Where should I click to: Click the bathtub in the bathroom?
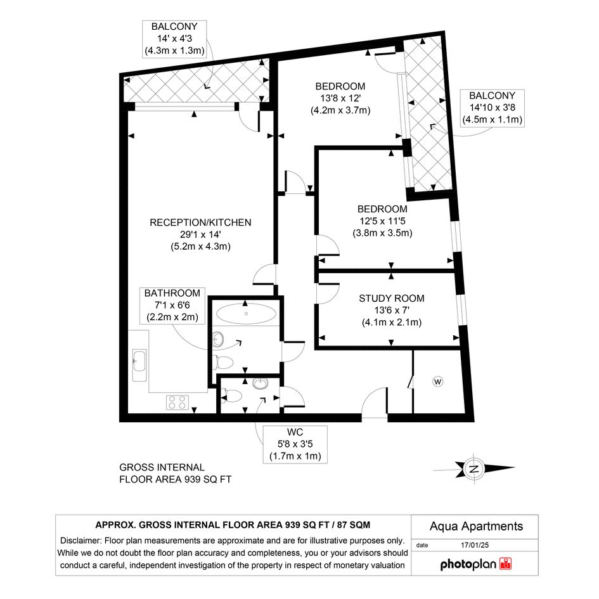tap(246, 314)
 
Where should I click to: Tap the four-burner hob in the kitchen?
tap(177, 403)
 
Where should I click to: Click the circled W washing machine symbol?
tap(438, 381)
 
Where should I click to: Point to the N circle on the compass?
tap(473, 468)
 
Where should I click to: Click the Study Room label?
tap(392, 299)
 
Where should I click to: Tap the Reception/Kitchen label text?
tap(200, 222)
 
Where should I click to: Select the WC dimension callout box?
tap(295, 444)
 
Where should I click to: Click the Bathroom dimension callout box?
tap(172, 306)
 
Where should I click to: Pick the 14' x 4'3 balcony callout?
tap(174, 39)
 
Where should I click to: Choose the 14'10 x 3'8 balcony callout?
tap(492, 108)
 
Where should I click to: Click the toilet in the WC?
tap(231, 396)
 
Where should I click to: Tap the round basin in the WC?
tap(261, 383)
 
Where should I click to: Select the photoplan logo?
tap(475, 564)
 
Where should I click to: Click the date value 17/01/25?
tap(475, 545)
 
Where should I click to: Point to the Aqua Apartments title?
tap(476, 526)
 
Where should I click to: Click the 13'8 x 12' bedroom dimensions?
tap(340, 98)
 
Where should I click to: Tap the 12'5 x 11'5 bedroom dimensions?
tap(382, 221)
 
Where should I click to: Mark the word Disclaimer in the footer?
tap(81, 541)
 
